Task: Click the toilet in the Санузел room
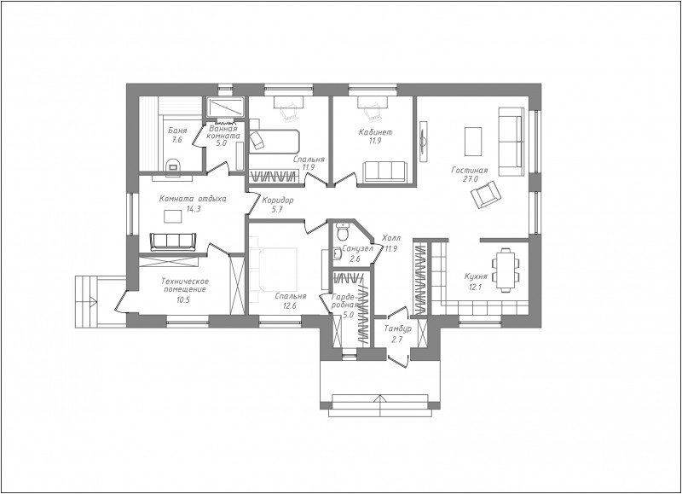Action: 344,232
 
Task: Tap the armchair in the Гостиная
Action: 485,195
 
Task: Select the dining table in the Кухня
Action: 506,270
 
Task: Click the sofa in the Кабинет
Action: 385,171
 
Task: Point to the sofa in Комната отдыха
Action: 172,242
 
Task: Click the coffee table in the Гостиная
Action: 473,141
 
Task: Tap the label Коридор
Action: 278,201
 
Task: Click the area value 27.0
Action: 471,179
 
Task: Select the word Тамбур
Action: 398,329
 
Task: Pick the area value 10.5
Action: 183,299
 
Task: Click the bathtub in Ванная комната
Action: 225,107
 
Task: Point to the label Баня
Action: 177,131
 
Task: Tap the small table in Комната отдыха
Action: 173,216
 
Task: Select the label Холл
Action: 391,238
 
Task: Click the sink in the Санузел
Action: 336,253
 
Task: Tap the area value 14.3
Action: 194,209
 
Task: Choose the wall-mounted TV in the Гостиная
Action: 424,141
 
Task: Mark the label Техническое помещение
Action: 184,285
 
